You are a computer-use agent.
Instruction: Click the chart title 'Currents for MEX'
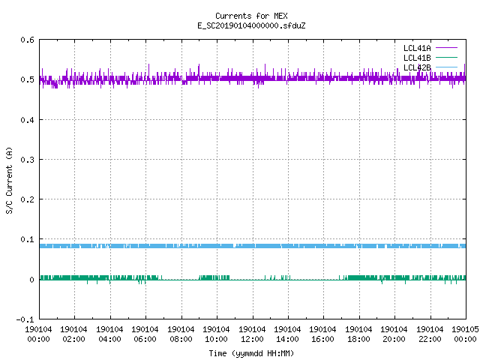(251, 16)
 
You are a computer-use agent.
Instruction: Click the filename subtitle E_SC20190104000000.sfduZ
(251, 25)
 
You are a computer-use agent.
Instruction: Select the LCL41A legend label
(417, 48)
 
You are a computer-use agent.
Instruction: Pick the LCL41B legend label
(417, 58)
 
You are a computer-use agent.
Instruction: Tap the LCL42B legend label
(417, 67)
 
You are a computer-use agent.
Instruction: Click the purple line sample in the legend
(446, 48)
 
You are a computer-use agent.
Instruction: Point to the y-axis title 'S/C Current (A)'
(9, 180)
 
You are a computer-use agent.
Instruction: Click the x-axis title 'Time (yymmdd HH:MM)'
(251, 353)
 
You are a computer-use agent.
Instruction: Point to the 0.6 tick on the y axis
(27, 40)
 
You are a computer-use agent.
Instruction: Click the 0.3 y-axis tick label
(27, 160)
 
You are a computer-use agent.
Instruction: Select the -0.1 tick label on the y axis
(25, 319)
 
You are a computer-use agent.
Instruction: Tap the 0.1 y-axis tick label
(27, 239)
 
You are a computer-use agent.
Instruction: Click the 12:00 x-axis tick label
(253, 339)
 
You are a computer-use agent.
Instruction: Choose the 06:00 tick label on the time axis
(145, 339)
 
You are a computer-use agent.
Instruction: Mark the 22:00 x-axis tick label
(430, 339)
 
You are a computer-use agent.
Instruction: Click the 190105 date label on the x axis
(465, 329)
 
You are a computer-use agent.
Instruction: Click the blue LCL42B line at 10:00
(217, 246)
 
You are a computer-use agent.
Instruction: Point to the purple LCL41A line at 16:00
(323, 78)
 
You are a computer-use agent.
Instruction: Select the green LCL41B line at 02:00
(74, 277)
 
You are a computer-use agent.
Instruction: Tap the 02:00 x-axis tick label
(73, 339)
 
